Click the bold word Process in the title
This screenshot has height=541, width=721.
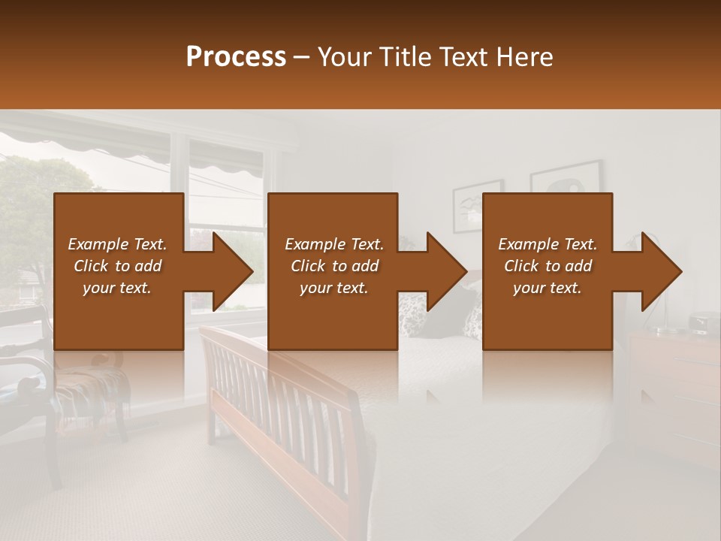(236, 57)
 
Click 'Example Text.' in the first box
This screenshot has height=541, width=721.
(117, 244)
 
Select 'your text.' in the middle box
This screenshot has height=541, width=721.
(333, 288)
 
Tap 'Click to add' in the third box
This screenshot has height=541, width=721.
(548, 266)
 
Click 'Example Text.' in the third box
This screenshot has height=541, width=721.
(548, 244)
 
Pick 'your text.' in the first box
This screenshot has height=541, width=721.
(117, 288)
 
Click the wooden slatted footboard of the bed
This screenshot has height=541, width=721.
(285, 421)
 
